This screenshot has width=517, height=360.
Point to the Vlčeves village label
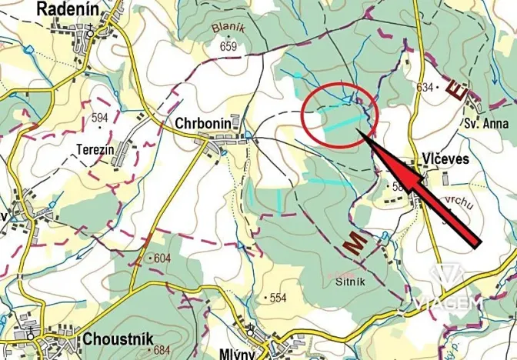[x=445, y=158]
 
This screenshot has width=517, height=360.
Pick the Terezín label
[x=95, y=145]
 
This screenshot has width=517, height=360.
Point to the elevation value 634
[x=424, y=88]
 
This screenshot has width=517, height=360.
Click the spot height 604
[x=162, y=258]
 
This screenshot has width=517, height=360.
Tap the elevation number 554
[x=278, y=296]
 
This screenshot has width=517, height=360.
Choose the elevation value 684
[x=162, y=351]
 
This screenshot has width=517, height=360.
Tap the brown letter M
[x=355, y=244]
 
